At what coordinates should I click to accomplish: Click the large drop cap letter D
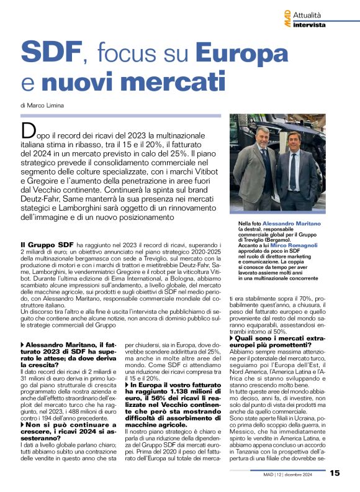(28, 130)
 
